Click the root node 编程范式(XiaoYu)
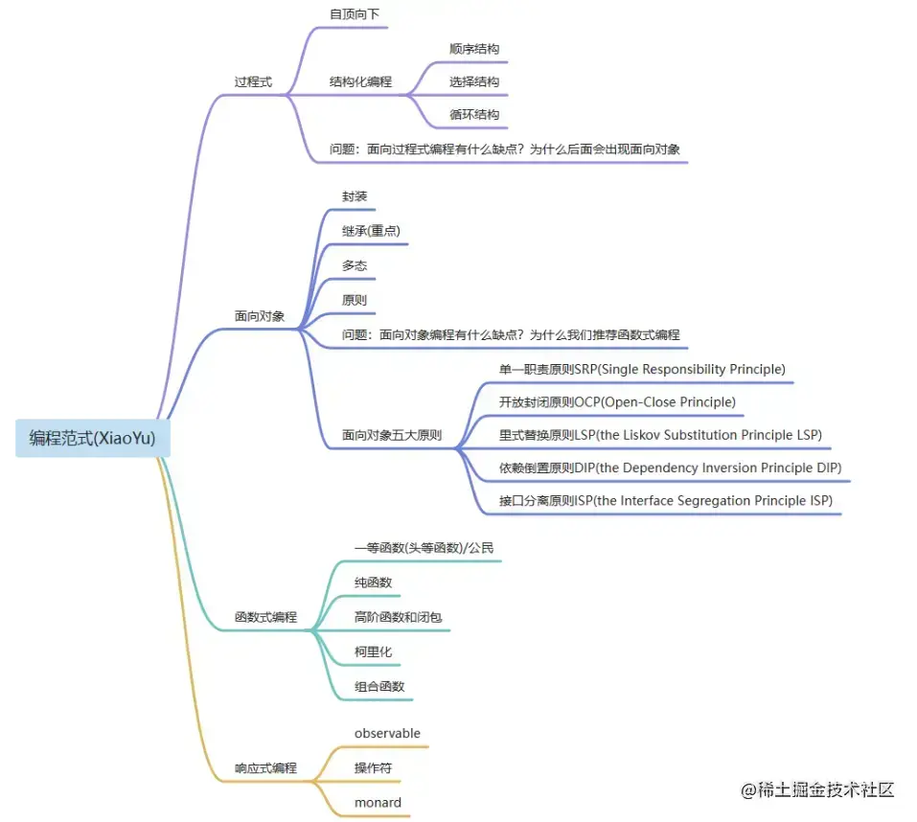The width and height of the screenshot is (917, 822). (x=93, y=439)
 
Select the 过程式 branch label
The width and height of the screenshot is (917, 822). (x=253, y=82)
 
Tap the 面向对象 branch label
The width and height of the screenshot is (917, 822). (x=260, y=316)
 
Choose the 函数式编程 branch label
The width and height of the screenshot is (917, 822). (x=265, y=618)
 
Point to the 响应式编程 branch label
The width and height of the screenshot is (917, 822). (x=265, y=768)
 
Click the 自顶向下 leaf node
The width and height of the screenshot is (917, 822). (x=354, y=14)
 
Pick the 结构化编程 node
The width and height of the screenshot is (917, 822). (x=360, y=82)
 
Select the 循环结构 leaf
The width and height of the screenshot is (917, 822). (x=474, y=115)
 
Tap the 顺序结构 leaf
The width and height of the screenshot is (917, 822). (x=474, y=49)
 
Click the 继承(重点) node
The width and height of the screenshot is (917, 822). (x=371, y=231)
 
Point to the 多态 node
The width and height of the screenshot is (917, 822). (x=355, y=265)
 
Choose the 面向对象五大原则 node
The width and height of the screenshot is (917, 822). (x=392, y=435)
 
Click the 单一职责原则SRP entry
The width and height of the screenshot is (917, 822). (x=641, y=370)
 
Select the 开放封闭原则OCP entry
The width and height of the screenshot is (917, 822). (x=617, y=402)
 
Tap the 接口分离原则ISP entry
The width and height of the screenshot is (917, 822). (x=665, y=501)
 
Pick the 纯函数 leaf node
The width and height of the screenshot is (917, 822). (x=373, y=582)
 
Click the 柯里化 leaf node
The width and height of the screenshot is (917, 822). (x=373, y=651)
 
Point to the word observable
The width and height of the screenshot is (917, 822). (x=387, y=734)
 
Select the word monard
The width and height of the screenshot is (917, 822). (x=378, y=803)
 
